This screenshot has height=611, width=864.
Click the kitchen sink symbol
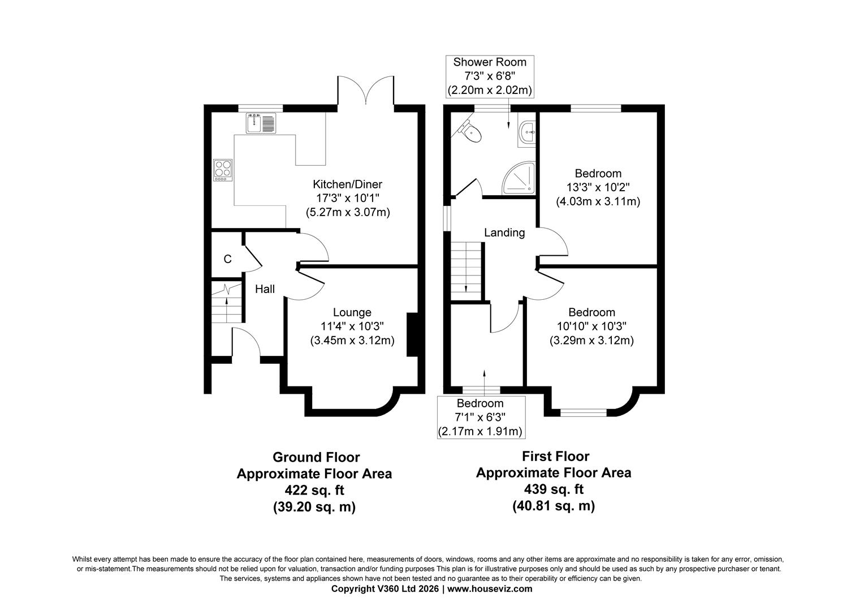[261, 123]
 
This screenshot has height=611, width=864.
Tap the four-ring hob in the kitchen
[223, 170]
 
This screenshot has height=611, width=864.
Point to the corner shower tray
[519, 178]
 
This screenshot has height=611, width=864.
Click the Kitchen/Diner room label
[348, 184]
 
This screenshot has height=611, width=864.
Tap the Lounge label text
[352, 312]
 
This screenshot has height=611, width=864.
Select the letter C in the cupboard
[227, 259]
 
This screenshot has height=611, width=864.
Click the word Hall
[265, 289]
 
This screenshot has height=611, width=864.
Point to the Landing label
[504, 233]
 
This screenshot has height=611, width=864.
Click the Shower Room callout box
[490, 76]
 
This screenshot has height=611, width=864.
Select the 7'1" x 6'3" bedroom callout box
[481, 418]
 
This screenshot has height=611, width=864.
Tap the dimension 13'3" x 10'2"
[598, 188]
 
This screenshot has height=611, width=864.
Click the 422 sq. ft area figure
[314, 490]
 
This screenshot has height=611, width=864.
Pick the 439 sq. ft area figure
[554, 489]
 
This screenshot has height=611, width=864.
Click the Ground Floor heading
[316, 457]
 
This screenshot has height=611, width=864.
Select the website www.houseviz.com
[490, 589]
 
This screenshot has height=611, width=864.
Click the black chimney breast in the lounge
[413, 335]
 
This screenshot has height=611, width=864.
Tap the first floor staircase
[466, 271]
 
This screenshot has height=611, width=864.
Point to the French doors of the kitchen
[366, 91]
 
